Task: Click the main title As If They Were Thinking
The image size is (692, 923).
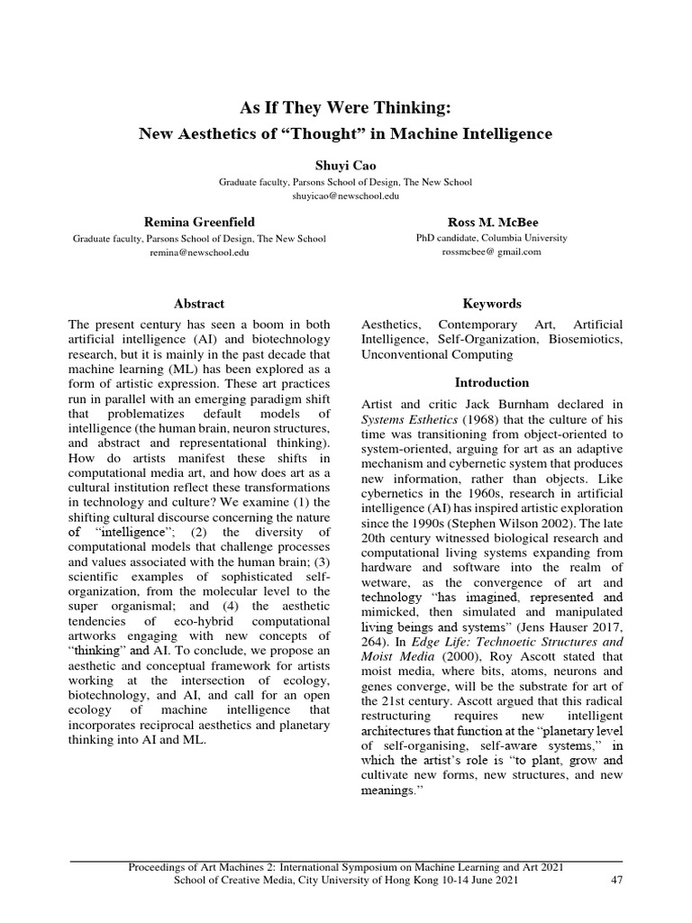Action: [x=346, y=108]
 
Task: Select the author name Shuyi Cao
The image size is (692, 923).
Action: [x=346, y=166]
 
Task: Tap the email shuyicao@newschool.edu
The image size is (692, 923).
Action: [x=346, y=195]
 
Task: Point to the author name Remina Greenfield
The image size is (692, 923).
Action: [x=199, y=222]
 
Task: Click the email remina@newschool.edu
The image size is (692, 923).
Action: [x=199, y=252]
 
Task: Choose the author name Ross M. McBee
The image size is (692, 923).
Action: [x=491, y=222]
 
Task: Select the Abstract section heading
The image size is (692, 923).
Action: [x=199, y=304]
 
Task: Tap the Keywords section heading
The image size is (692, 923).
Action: [x=491, y=304]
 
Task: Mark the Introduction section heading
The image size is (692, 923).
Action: [x=491, y=382]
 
